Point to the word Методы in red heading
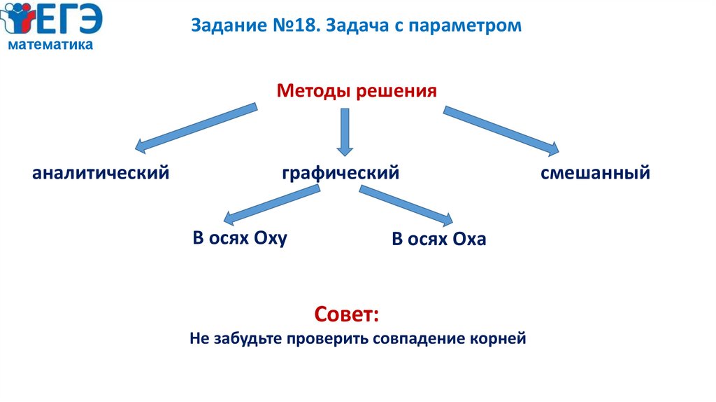pyautogui.click(x=315, y=91)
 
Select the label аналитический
pyautogui.click(x=101, y=172)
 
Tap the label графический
pyautogui.click(x=341, y=172)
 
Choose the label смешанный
pyautogui.click(x=595, y=172)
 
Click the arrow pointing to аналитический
pyautogui.click(x=196, y=127)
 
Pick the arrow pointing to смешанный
pyautogui.click(x=501, y=130)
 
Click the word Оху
pyautogui.click(x=271, y=238)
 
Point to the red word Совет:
pyautogui.click(x=347, y=313)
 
